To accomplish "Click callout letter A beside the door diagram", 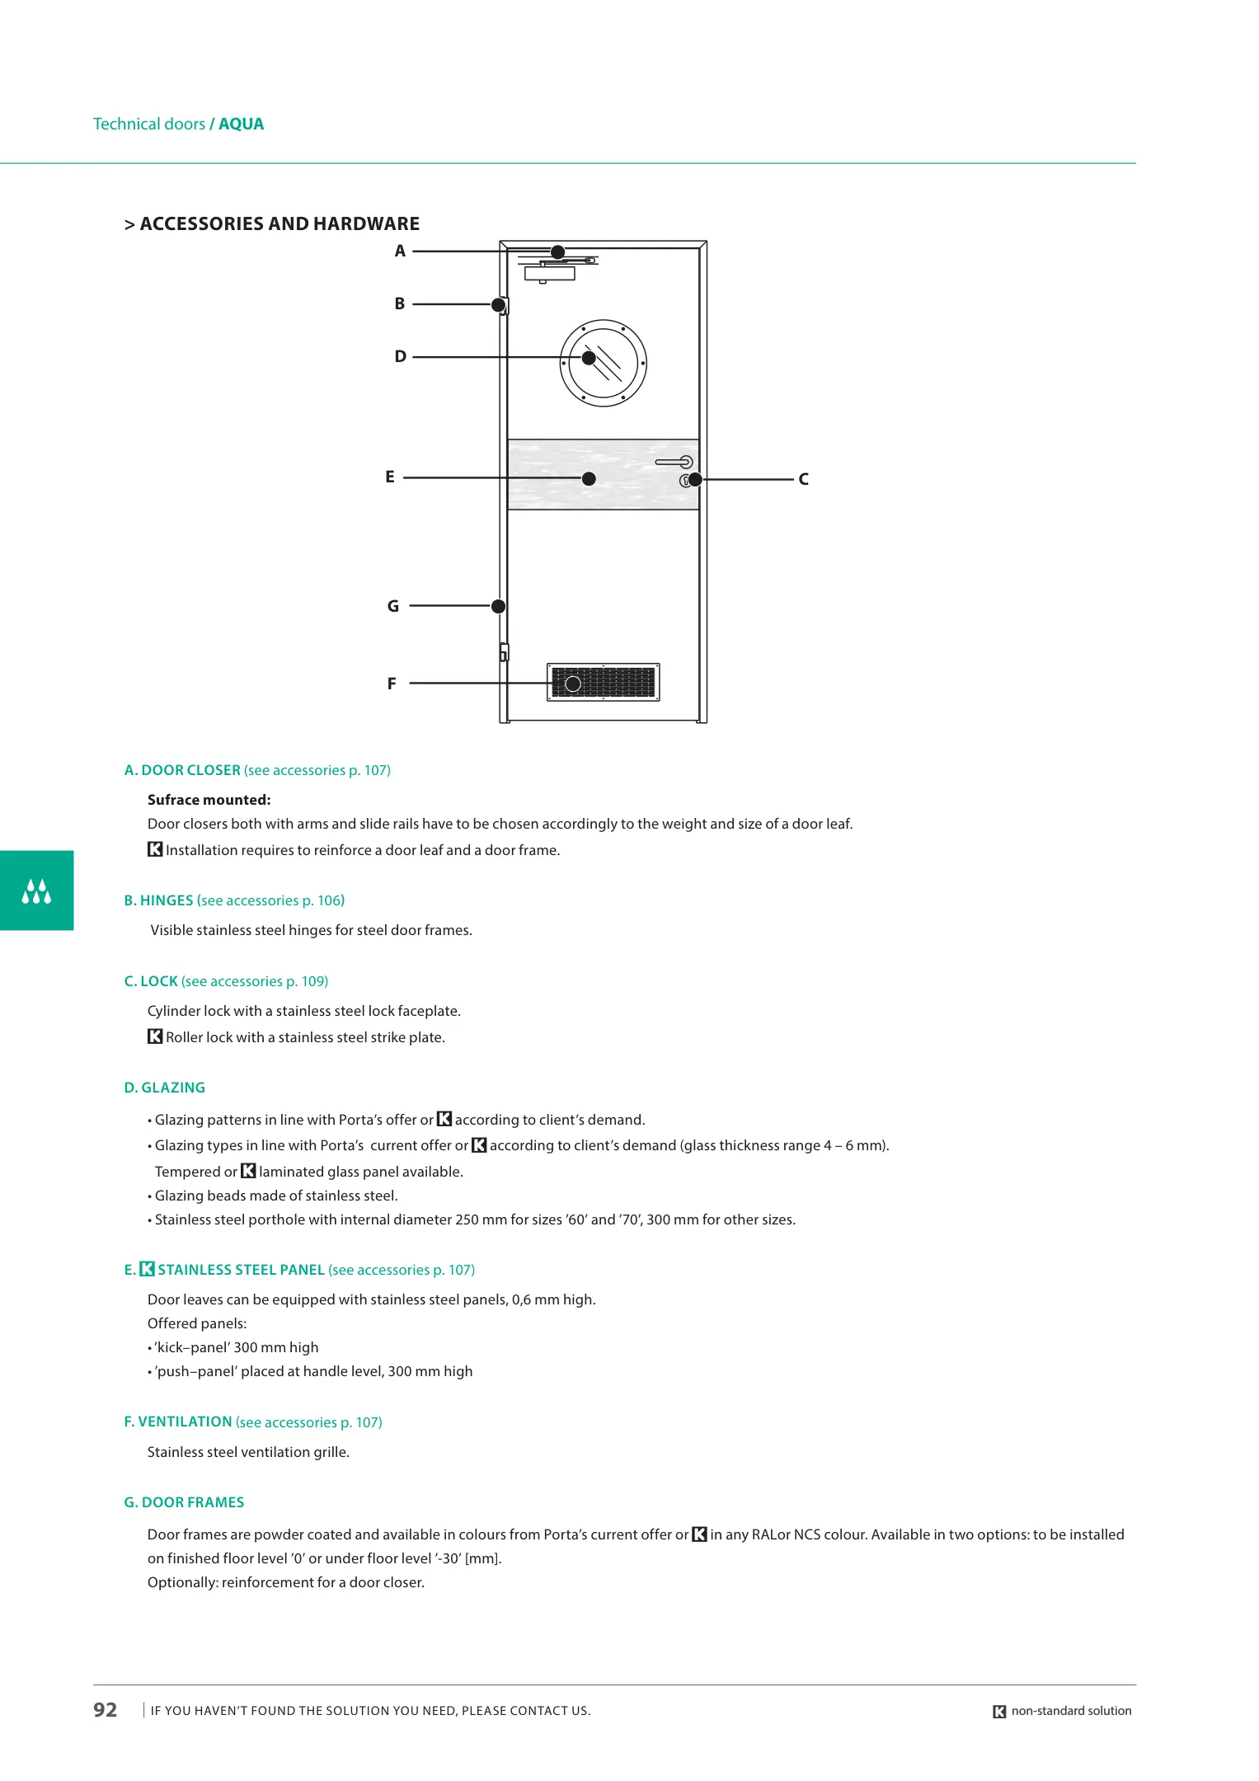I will click(400, 251).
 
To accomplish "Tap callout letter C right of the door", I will click(803, 479).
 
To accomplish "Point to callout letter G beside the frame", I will click(393, 606).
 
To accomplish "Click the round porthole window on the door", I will click(603, 363).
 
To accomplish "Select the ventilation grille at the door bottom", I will click(604, 683).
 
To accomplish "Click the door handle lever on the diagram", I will click(674, 462).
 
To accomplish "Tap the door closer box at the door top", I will click(549, 273).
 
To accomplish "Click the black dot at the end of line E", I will click(589, 479).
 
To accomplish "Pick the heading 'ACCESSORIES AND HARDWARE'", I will click(280, 224).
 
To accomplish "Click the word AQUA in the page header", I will click(242, 125).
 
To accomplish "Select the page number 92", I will click(106, 1710).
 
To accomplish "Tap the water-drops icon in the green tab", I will click(36, 891).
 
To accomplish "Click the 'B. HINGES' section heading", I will click(159, 900).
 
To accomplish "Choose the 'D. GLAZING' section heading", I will click(165, 1088).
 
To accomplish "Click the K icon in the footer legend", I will click(999, 1712).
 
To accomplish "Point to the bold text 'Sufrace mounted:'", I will click(209, 800).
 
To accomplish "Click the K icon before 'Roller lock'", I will click(155, 1037).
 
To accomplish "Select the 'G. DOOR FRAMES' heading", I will click(184, 1502).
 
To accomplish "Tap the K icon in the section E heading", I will click(147, 1270).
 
